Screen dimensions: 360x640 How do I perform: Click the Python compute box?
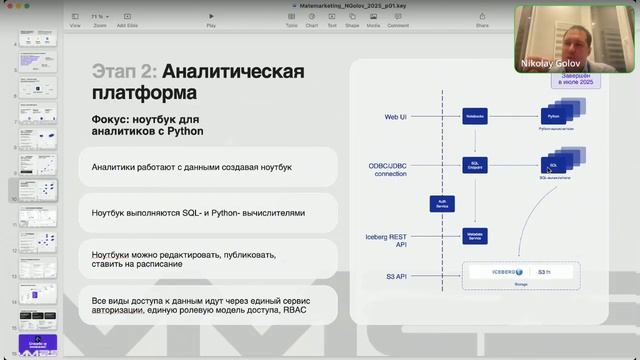pos(552,117)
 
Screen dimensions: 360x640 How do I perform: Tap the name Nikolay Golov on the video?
pos(550,64)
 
